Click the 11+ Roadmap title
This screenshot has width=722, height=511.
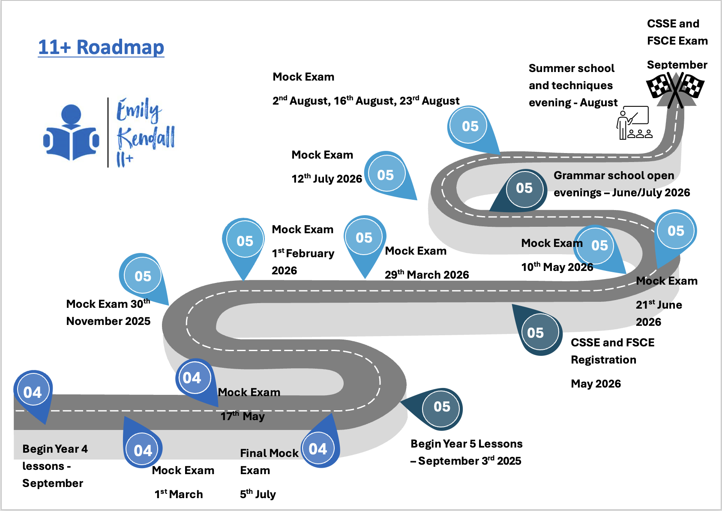[101, 47]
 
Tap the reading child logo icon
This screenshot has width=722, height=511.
[71, 133]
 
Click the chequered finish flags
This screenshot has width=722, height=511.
[675, 88]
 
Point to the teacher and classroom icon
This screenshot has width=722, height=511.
[634, 123]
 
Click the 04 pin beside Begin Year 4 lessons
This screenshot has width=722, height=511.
[33, 392]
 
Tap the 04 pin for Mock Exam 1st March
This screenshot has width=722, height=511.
[143, 450]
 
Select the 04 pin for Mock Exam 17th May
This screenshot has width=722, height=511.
[192, 378]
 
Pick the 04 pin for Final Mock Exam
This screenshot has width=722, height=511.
[318, 449]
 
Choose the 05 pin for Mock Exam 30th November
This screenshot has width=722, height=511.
[143, 276]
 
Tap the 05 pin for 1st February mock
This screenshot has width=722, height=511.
[245, 241]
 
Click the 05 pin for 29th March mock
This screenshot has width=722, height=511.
[364, 237]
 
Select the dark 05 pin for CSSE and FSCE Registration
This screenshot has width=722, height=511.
[535, 333]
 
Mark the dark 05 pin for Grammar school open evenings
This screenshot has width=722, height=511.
[524, 188]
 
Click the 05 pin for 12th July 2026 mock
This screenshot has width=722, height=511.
[386, 174]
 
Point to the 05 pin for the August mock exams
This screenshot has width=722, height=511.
[470, 126]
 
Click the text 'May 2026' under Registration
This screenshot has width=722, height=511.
[596, 384]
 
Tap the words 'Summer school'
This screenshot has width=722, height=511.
[571, 68]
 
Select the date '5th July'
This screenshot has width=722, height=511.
[258, 494]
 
